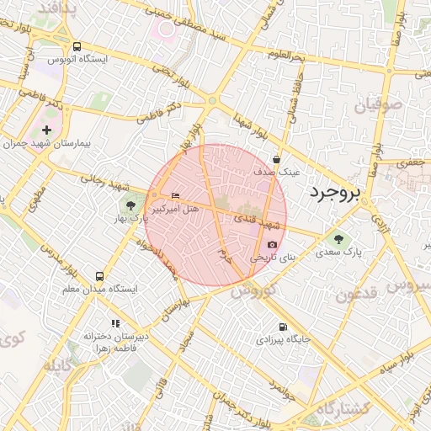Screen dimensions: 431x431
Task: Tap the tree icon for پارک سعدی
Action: click(x=338, y=238)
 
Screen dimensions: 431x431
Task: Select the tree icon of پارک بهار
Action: click(x=130, y=204)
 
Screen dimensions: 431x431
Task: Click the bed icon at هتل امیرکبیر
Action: click(x=175, y=196)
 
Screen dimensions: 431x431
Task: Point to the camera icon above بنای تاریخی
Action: click(x=272, y=243)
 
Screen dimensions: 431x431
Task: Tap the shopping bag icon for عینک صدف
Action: click(x=277, y=159)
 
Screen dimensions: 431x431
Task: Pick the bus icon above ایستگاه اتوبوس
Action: click(x=77, y=47)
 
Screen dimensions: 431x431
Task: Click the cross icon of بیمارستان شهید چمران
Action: click(x=46, y=130)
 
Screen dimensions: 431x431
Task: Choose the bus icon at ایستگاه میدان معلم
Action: click(x=100, y=276)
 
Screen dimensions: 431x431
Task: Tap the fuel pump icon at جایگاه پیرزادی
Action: click(x=282, y=327)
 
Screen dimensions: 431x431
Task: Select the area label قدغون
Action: click(x=358, y=295)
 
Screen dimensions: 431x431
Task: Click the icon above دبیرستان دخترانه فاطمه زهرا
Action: click(x=115, y=323)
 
